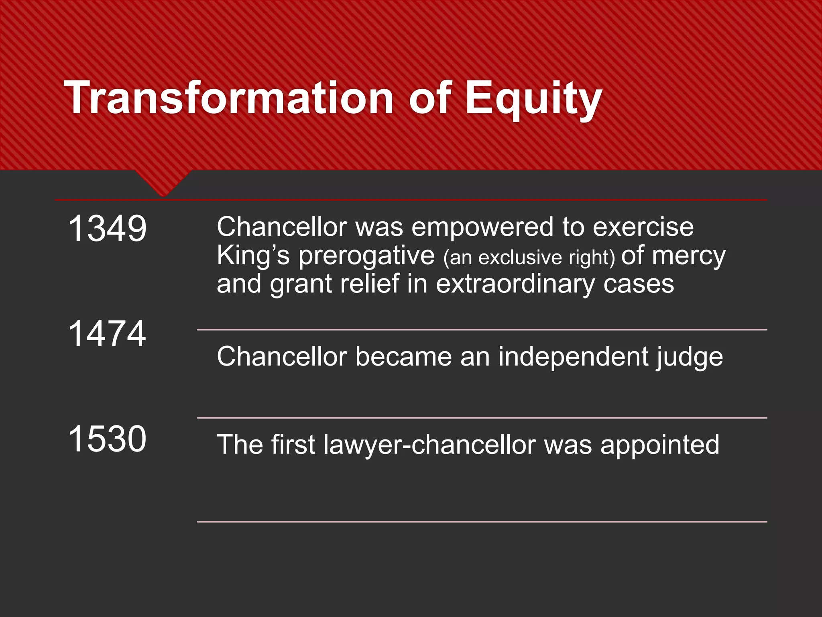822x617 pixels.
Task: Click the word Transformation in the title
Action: pyautogui.click(x=228, y=98)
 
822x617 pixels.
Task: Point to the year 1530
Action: pyautogui.click(x=108, y=438)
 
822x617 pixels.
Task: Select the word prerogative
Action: pyautogui.click(x=366, y=256)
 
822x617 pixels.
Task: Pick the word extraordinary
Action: pyautogui.click(x=515, y=284)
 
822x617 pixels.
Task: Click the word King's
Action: pyautogui.click(x=253, y=256)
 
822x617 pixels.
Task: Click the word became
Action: pyautogui.click(x=403, y=357)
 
